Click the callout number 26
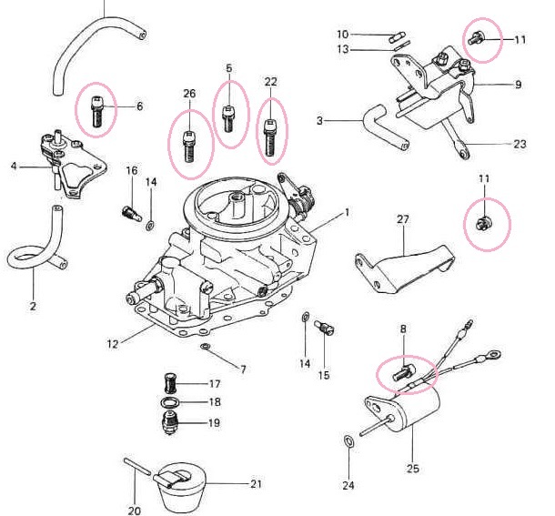click(x=189, y=94)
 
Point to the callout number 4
click(x=14, y=166)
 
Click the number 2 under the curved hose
click(x=33, y=307)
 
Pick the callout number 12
click(x=114, y=343)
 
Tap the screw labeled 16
click(x=129, y=213)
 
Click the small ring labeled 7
click(x=207, y=348)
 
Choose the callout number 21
click(x=256, y=482)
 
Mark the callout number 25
click(x=412, y=469)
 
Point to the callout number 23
click(x=520, y=144)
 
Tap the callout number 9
click(x=518, y=85)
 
